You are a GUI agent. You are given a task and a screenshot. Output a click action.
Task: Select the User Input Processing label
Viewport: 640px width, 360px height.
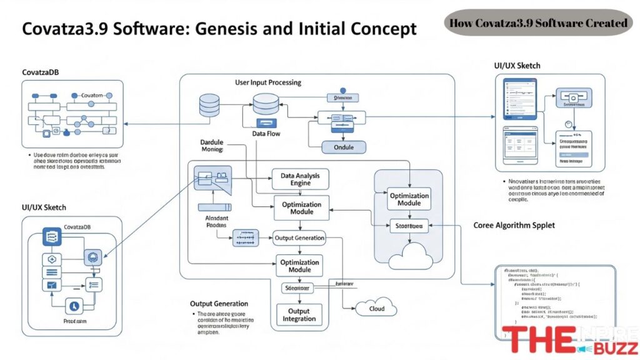[267, 82]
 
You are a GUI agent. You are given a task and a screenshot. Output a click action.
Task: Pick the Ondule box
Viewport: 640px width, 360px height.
[342, 147]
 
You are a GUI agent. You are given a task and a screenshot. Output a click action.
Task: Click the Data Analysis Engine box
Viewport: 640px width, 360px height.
[301, 180]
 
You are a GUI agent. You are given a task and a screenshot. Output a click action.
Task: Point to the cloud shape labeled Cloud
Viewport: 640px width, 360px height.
[376, 307]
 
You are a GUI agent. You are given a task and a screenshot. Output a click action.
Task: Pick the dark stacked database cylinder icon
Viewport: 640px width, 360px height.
[208, 106]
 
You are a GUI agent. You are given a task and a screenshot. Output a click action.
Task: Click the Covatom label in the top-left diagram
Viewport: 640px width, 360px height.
[91, 95]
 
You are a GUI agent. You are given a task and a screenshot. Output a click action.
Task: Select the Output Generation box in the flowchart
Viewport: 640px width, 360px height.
[299, 237]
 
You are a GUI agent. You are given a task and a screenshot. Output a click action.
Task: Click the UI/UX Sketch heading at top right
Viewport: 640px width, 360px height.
[517, 66]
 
